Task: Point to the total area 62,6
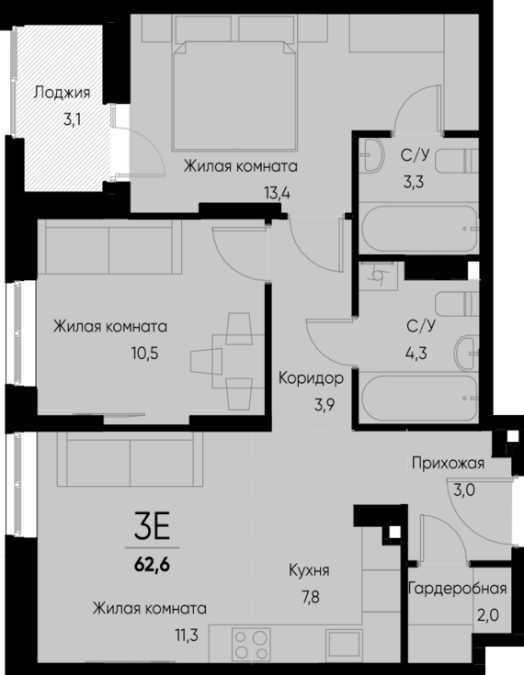(x=152, y=557)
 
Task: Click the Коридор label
(x=311, y=378)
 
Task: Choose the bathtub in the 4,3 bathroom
(x=418, y=396)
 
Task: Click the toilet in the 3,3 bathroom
(x=453, y=162)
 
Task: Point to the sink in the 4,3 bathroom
(x=469, y=349)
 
